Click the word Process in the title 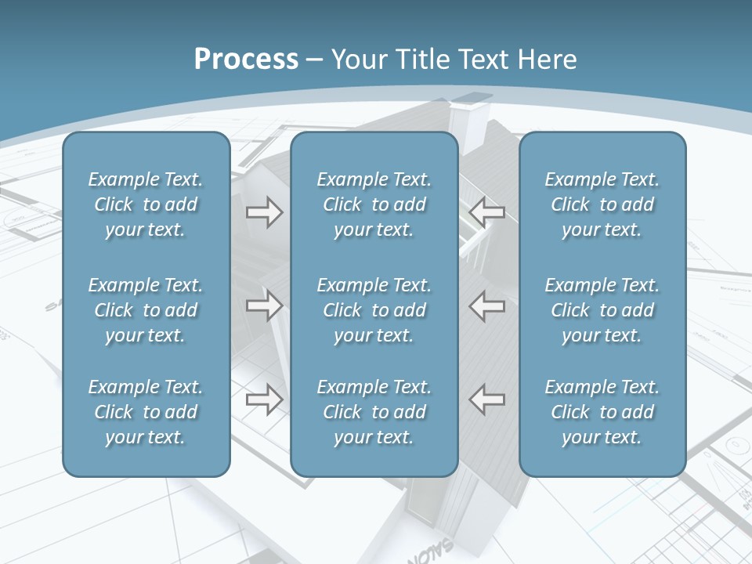coord(246,60)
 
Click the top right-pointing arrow coord(264,212)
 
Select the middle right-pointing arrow coord(264,305)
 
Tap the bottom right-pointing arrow coord(264,399)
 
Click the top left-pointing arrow coord(487,212)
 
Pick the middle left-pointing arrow coord(487,305)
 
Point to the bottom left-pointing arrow coord(487,399)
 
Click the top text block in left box coord(146,204)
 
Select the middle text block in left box coord(146,310)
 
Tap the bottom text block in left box coord(146,412)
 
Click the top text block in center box coord(374,204)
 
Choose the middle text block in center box coord(374,310)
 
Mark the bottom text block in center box coord(374,412)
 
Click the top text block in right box coord(602,204)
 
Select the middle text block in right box coord(602,310)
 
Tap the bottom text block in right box coord(602,412)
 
